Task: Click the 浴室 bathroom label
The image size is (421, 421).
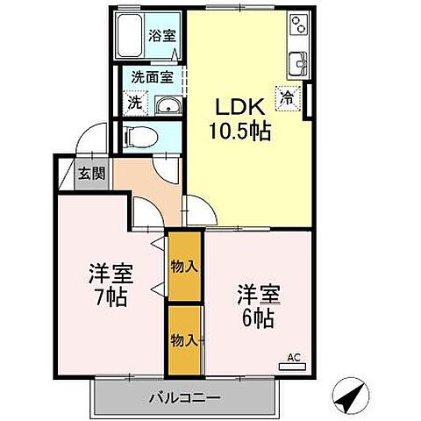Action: tap(161, 37)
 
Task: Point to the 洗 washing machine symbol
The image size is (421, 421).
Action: tap(134, 103)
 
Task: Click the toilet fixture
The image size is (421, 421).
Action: tap(139, 136)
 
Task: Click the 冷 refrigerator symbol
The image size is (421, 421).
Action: tap(287, 97)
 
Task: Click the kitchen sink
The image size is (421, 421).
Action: tap(298, 62)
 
